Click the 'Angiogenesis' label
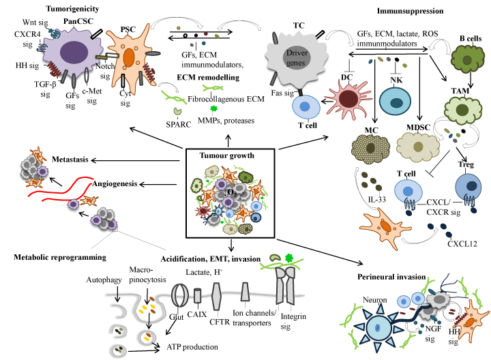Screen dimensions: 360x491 point(117,183)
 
